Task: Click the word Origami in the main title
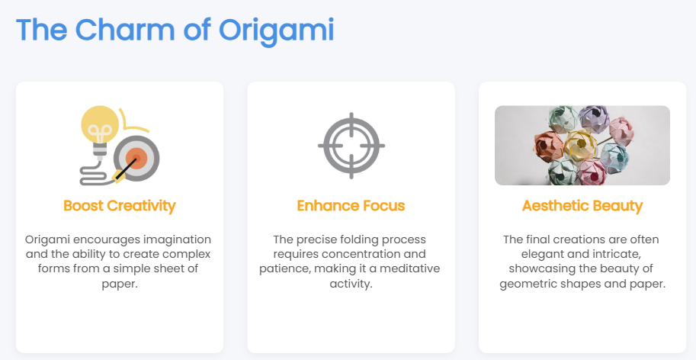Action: point(276,31)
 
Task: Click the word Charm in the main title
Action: point(125,30)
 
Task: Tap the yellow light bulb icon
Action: point(100,129)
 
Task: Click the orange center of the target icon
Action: point(136,158)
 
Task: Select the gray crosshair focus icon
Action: point(351,146)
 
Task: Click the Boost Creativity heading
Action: point(120,206)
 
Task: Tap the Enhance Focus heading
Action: point(351,206)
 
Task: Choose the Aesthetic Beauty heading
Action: point(582,206)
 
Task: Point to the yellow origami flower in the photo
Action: point(580,145)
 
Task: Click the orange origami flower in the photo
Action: point(549,147)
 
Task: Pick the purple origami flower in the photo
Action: point(595,119)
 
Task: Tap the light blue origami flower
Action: point(614,159)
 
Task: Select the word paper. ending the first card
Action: point(120,284)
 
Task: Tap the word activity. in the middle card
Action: point(351,284)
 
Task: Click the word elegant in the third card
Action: point(540,254)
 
